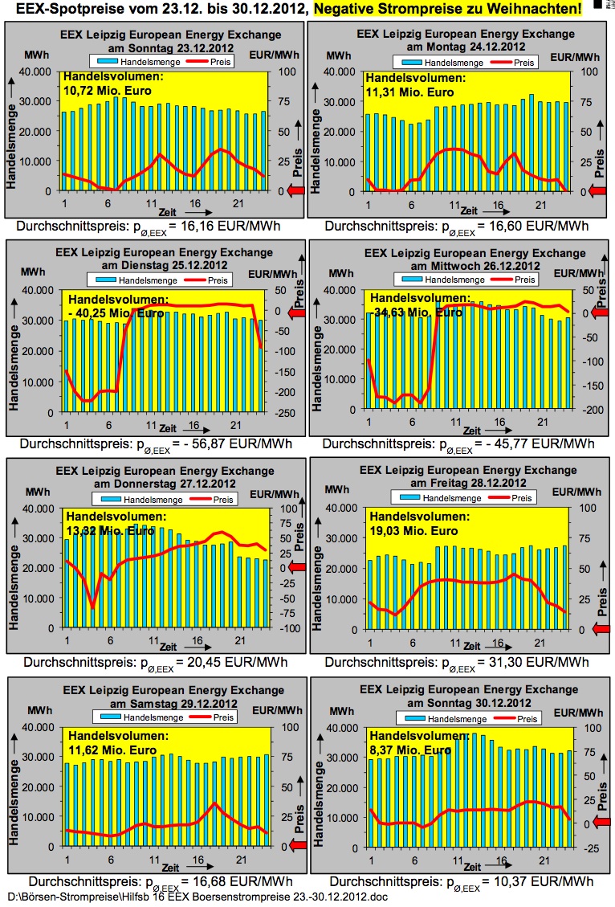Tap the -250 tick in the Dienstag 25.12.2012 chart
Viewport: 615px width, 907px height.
pyautogui.click(x=283, y=412)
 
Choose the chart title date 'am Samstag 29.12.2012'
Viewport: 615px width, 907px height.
pyautogui.click(x=165, y=704)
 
